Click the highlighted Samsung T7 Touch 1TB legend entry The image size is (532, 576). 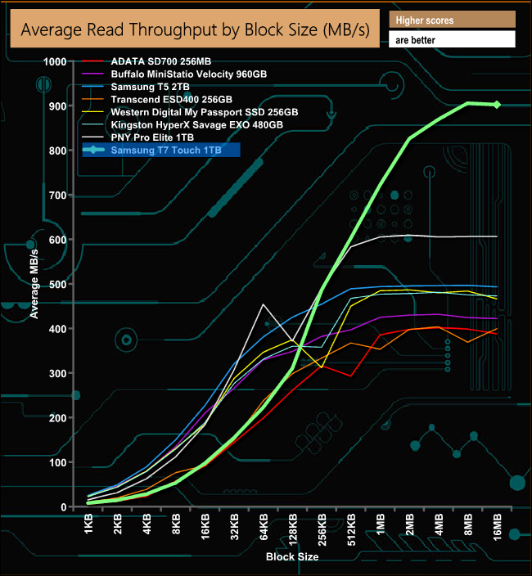tap(161, 150)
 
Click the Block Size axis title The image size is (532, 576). tap(292, 556)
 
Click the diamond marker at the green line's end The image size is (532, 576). tap(497, 104)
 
